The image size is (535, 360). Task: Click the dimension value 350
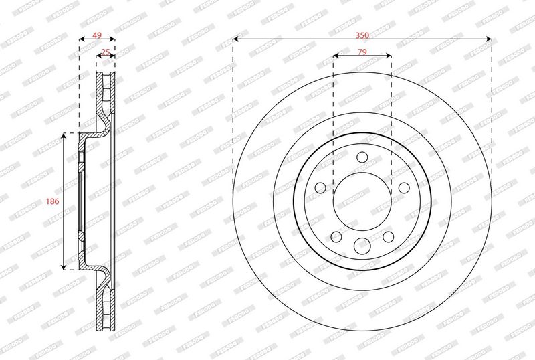tap(362, 35)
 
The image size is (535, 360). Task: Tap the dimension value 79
tap(362, 52)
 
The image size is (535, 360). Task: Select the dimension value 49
tap(97, 35)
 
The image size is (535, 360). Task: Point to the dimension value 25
tap(106, 52)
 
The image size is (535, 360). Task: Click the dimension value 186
tap(53, 201)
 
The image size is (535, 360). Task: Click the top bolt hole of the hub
tap(362, 157)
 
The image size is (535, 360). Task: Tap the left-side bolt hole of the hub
tap(320, 187)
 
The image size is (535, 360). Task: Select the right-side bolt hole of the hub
tap(404, 187)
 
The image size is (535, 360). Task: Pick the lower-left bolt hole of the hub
tap(336, 236)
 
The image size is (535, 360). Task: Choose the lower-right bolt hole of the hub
tap(389, 236)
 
